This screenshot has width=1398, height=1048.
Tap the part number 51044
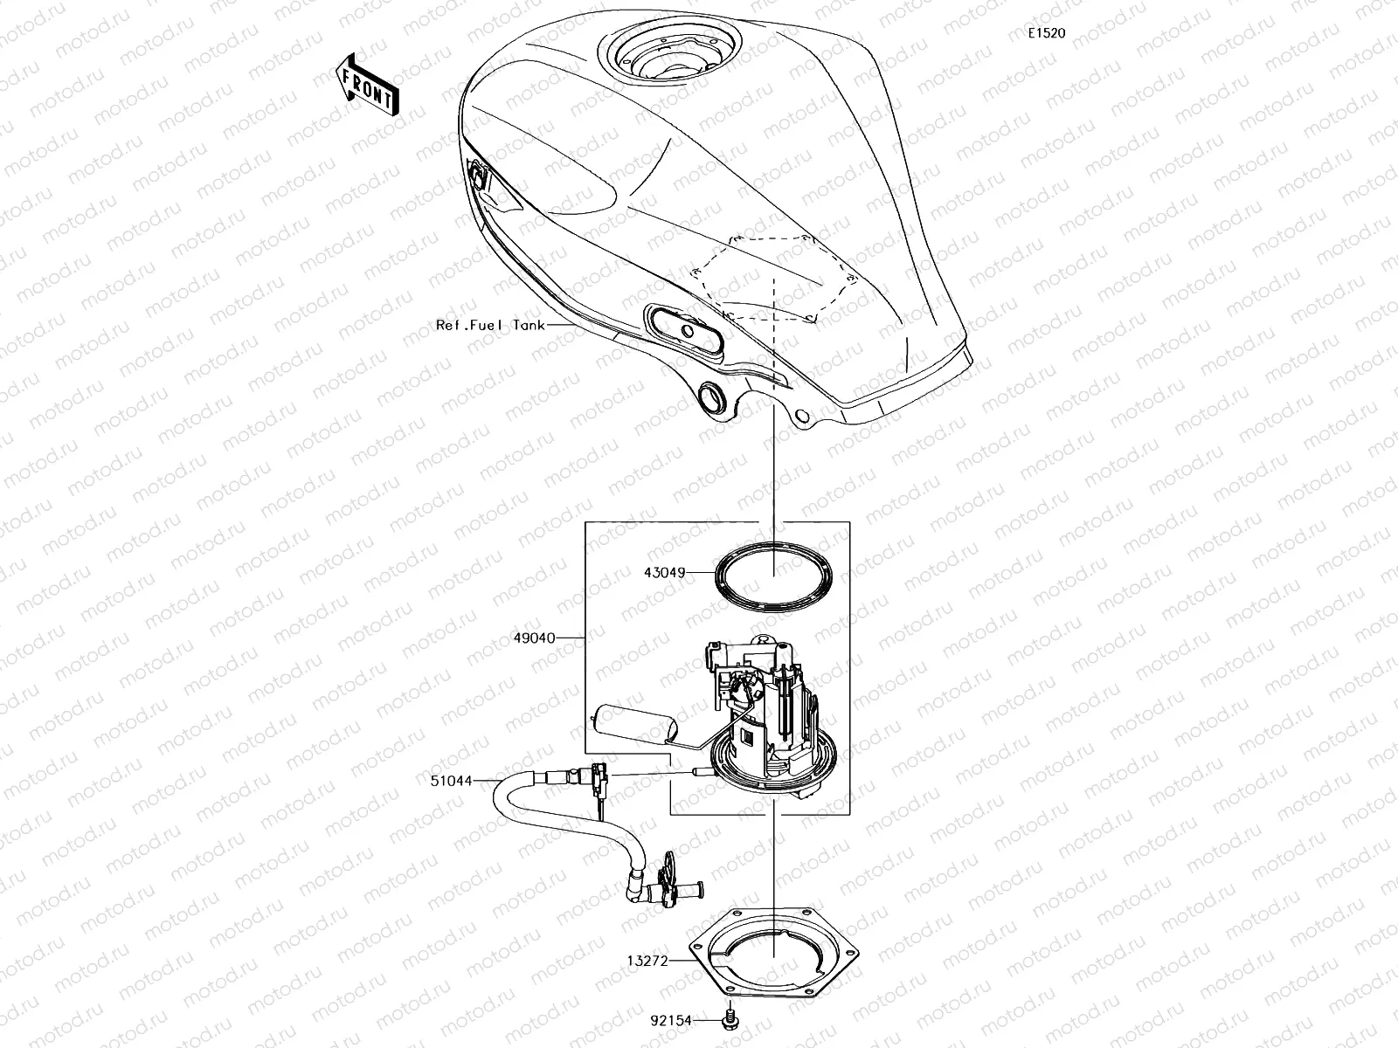(x=449, y=782)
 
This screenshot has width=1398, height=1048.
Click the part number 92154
(x=671, y=1020)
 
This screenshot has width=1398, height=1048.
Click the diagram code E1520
(x=1046, y=34)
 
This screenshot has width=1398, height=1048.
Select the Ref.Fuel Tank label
(x=490, y=325)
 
